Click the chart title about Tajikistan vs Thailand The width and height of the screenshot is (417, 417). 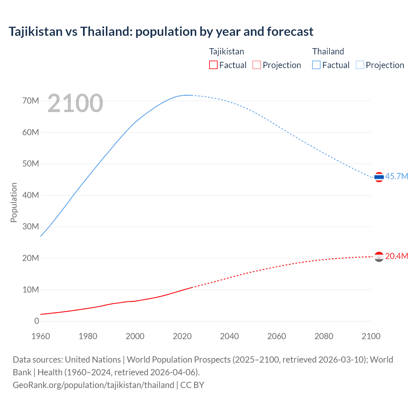161,32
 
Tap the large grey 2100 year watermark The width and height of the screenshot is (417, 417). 75,103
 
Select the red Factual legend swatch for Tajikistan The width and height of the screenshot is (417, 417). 213,65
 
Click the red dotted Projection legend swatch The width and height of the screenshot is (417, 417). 257,65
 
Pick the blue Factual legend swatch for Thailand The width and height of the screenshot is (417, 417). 316,65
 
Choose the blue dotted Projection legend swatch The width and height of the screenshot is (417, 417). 360,65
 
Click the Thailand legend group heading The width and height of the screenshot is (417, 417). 328,51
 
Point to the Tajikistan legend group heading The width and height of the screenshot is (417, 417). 226,51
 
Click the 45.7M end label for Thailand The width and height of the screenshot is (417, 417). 396,176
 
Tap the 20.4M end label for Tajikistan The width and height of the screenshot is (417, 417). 396,256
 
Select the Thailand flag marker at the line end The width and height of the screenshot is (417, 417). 379,177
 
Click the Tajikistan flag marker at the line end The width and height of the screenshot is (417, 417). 379,257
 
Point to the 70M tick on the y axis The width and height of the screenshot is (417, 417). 31,101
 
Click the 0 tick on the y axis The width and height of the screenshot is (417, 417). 36,321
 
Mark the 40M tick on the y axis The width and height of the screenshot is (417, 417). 31,195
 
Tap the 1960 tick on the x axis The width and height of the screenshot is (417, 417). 41,336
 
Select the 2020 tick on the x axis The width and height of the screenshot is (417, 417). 182,336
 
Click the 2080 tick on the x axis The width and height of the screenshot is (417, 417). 324,336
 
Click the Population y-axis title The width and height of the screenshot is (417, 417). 14,202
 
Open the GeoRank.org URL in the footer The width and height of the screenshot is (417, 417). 93,385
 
